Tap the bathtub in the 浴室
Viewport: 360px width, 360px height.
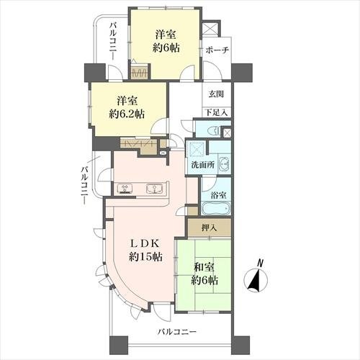pyautogui.click(x=216, y=209)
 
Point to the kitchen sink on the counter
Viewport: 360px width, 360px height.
pyautogui.click(x=155, y=189)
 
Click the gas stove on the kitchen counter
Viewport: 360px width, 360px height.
pyautogui.click(x=125, y=189)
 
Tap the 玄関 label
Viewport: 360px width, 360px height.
pyautogui.click(x=216, y=94)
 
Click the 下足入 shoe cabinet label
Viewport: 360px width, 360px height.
pyautogui.click(x=217, y=112)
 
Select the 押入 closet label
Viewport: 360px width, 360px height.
pyautogui.click(x=210, y=228)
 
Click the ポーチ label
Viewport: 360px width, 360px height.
pyautogui.click(x=217, y=50)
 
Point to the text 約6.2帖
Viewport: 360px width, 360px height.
pyautogui.click(x=127, y=114)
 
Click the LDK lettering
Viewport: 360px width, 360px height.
pyautogui.click(x=145, y=244)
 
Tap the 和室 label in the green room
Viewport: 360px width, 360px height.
pyautogui.click(x=204, y=267)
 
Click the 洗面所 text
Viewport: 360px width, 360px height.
pyautogui.click(x=203, y=165)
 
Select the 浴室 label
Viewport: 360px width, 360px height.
pyautogui.click(x=218, y=195)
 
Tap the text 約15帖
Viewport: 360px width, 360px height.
pyautogui.click(x=145, y=257)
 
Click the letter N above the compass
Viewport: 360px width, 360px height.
pyautogui.click(x=259, y=263)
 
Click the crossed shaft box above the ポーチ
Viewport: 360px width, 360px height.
pyautogui.click(x=210, y=29)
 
